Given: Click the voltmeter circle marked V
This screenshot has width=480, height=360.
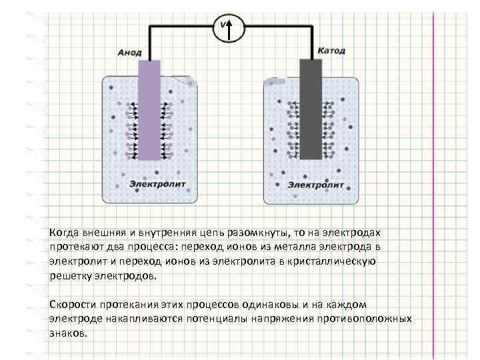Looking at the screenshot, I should click(228, 28).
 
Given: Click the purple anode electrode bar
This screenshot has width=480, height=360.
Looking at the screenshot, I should click(149, 110).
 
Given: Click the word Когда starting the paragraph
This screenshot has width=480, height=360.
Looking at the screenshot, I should click(64, 233).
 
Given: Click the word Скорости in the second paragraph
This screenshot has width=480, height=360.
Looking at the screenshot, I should click(71, 304).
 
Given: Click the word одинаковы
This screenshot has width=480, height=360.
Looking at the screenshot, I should click(281, 304).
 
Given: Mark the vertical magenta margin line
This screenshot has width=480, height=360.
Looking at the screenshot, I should click(434, 180).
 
